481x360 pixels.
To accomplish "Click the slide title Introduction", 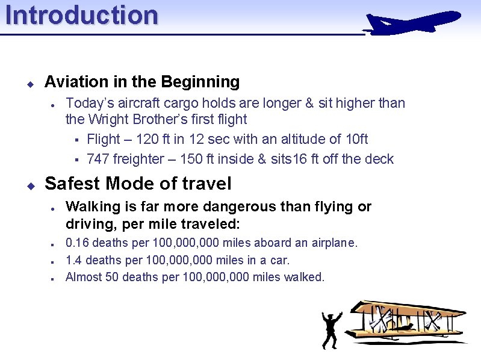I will pos(82,15).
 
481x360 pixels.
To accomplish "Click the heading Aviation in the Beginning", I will pos(142,81).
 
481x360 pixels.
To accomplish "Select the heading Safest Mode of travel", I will pos(138,183).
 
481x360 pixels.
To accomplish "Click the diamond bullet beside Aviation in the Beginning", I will pos(29,82).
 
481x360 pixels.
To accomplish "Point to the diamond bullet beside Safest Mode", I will pos(29,184).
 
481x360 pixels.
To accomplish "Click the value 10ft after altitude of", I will pos(356,139).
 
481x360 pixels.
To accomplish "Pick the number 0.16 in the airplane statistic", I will pos(77,243).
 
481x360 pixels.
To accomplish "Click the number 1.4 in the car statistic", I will pos(73,260).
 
